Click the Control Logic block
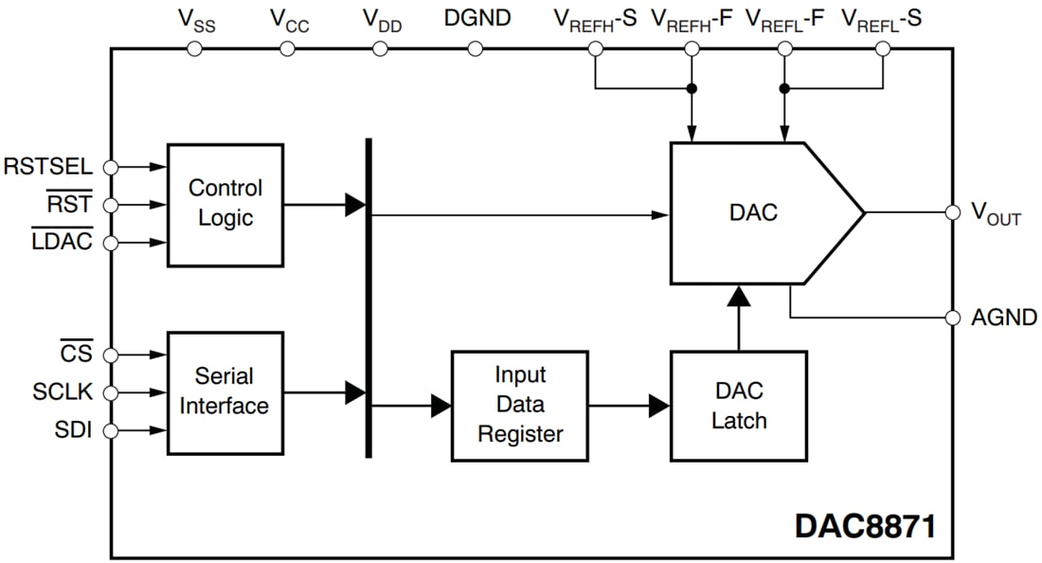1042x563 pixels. [225, 204]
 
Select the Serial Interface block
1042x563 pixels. [225, 391]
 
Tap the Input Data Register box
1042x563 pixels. [519, 405]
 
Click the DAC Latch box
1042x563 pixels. [738, 406]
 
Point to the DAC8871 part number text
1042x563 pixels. [864, 526]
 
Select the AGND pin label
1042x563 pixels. [1004, 318]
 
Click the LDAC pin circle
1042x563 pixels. [111, 243]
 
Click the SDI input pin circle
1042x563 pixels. [111, 431]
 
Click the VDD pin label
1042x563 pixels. [382, 19]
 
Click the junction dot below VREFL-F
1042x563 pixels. [784, 88]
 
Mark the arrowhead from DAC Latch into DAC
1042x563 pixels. [738, 296]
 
